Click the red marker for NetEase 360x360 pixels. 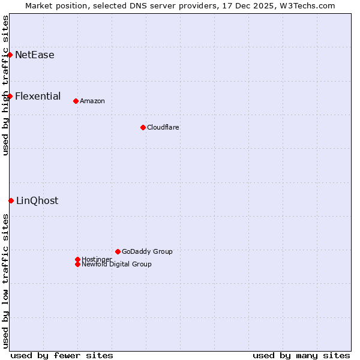[10, 55]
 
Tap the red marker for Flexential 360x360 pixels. [10, 96]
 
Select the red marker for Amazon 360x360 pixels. [76, 101]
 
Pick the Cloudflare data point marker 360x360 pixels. [143, 127]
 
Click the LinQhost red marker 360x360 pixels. [11, 200]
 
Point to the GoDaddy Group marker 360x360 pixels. [118, 251]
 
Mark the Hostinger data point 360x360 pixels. [77, 259]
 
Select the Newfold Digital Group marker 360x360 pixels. [77, 264]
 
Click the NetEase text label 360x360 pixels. [35, 55]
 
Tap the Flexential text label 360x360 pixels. [38, 96]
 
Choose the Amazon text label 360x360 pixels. [92, 101]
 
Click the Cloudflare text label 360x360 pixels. [163, 127]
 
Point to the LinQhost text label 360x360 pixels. [37, 201]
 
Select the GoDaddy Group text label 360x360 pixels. [147, 251]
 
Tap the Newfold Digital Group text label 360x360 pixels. [117, 265]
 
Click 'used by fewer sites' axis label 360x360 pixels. [62, 355]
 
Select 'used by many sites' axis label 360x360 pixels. [301, 355]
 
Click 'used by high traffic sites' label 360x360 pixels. [5, 85]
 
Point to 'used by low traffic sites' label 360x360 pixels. [5, 281]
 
